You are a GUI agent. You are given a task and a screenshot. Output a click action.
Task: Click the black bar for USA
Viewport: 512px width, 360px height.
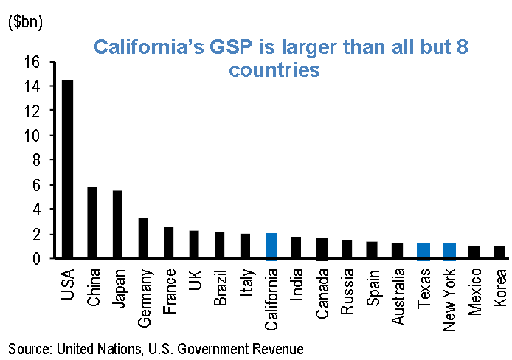point(67,169)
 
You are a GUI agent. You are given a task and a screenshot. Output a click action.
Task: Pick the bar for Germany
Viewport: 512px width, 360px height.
point(143,238)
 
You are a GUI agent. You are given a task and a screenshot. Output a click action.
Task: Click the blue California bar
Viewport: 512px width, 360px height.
point(271,246)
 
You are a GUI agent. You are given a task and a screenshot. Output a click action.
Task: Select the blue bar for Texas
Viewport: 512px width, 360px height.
point(423,251)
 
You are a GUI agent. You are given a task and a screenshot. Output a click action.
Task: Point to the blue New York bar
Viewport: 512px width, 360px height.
point(449,251)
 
